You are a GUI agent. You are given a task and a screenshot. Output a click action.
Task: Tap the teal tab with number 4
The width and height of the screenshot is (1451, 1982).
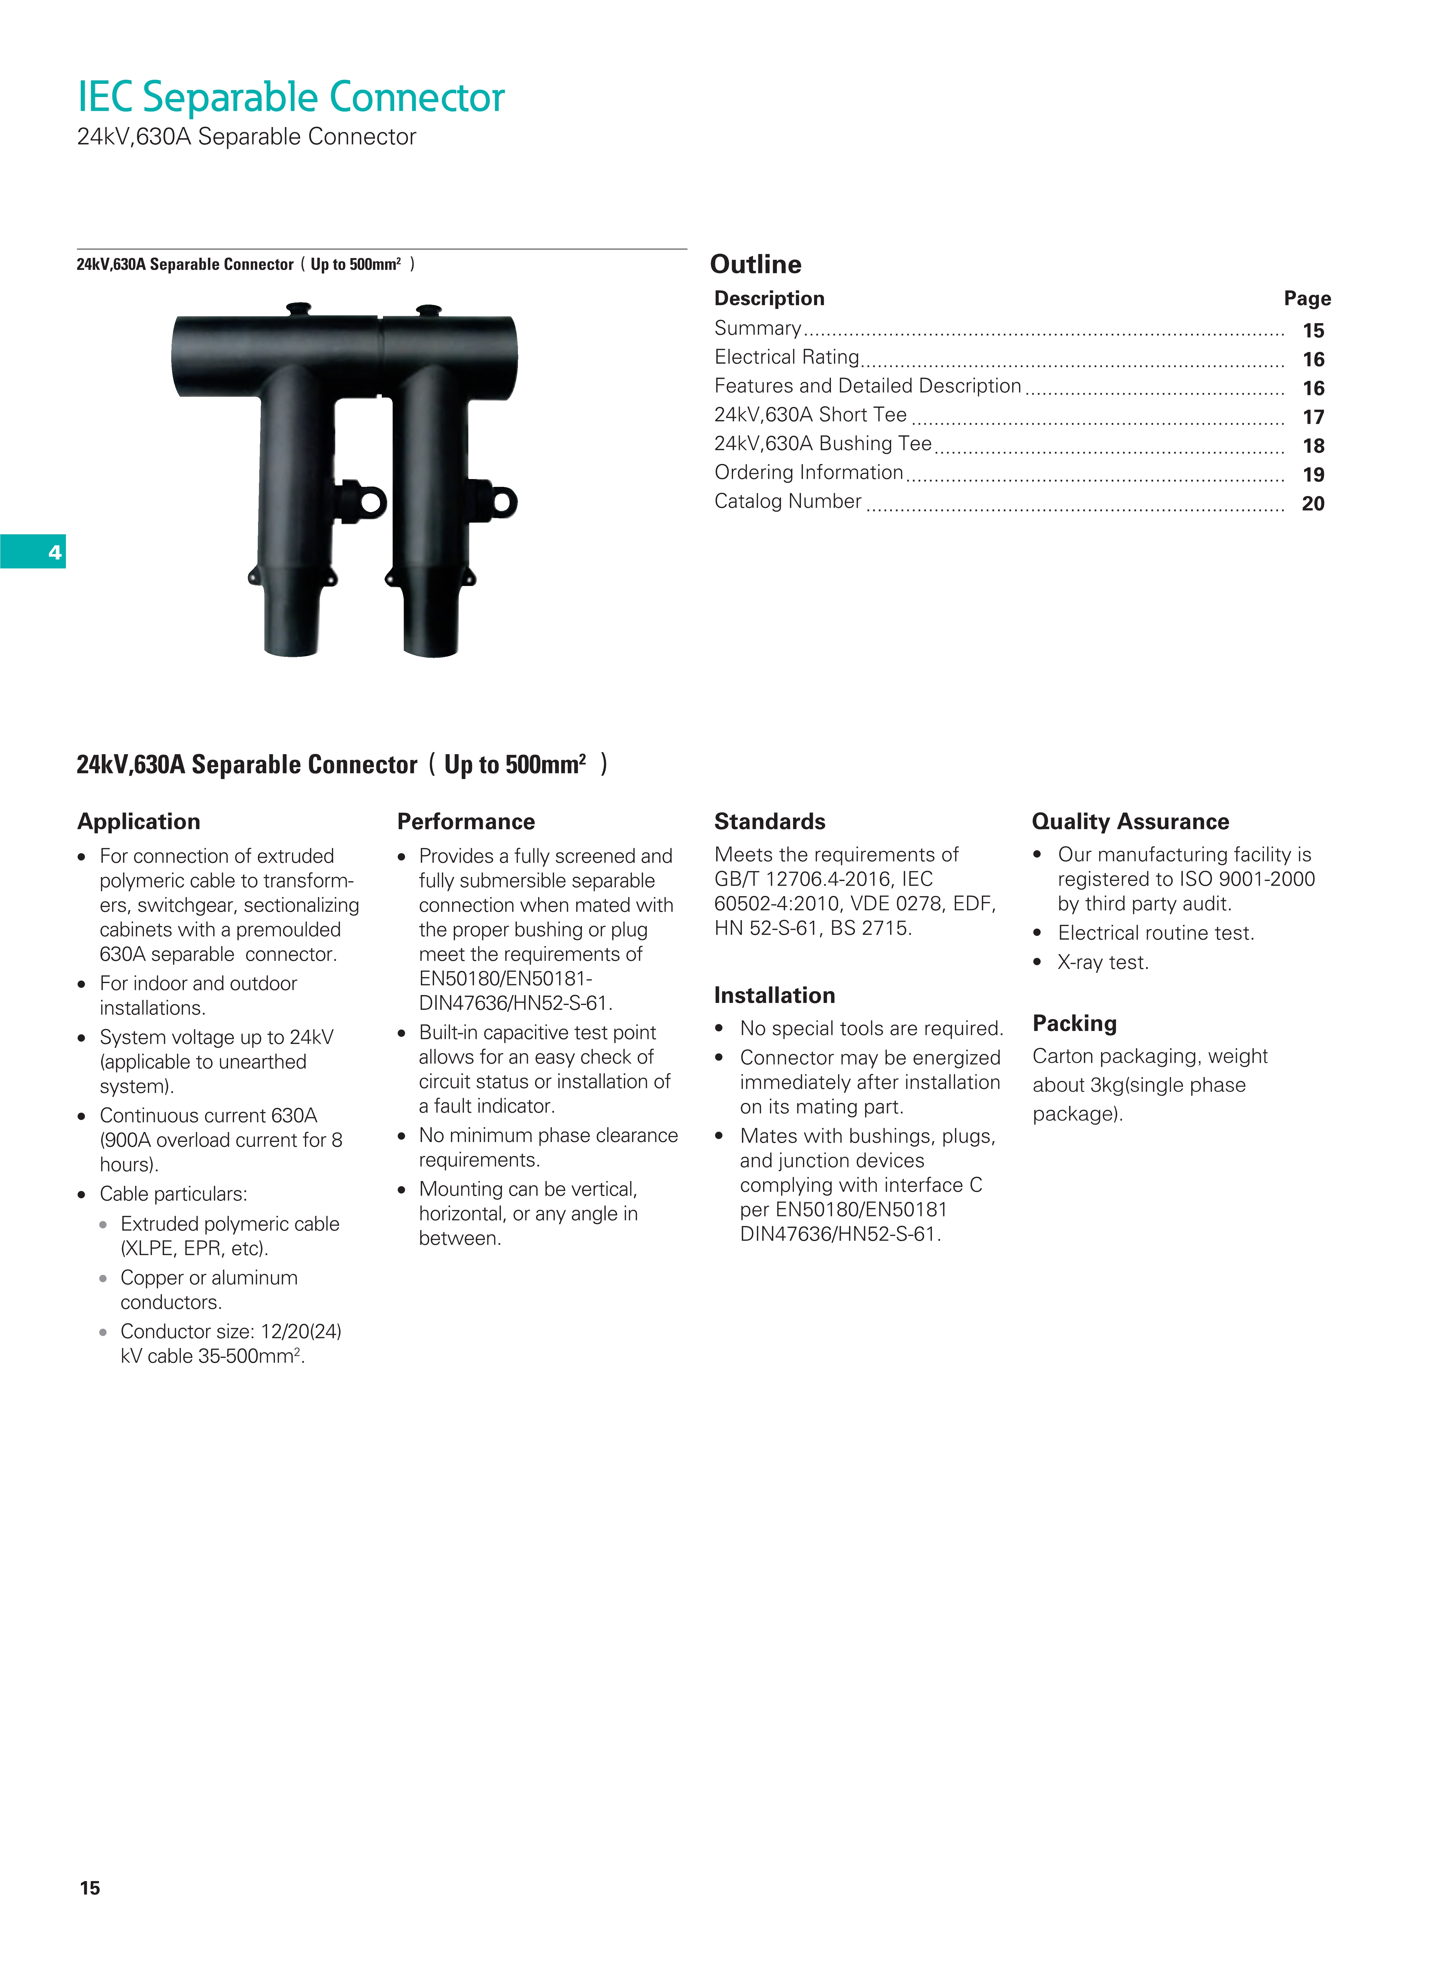tap(33, 551)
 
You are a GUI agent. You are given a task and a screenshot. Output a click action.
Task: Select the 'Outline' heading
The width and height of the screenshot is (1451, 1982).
tap(755, 264)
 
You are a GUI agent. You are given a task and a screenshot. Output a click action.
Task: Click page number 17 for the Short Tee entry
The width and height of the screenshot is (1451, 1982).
tap(1313, 417)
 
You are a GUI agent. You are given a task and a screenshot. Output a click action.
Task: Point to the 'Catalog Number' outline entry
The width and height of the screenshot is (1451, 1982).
tap(788, 501)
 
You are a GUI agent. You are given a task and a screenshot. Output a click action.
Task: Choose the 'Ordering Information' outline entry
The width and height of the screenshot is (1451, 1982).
tap(808, 472)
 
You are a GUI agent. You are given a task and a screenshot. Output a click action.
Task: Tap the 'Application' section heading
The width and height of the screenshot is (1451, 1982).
tap(139, 821)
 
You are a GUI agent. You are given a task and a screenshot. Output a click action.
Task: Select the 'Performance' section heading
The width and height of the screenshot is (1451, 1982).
tap(466, 821)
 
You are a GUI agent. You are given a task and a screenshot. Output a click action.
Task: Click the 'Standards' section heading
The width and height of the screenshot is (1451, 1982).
tap(769, 821)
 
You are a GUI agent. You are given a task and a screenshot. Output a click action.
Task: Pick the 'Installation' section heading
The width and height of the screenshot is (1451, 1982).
tap(774, 995)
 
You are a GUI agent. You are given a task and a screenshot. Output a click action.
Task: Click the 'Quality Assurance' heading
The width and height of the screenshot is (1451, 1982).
tap(1130, 821)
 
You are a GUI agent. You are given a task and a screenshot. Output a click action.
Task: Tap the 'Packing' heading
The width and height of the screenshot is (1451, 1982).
tap(1074, 1023)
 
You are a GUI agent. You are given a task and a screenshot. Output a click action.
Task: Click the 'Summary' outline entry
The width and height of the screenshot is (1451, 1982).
tap(757, 328)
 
